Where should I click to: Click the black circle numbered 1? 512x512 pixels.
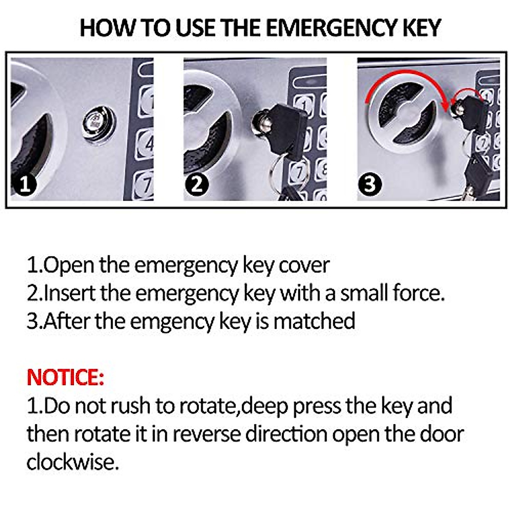point(25,184)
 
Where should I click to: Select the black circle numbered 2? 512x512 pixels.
point(197,184)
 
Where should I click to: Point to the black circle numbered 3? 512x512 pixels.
point(370,184)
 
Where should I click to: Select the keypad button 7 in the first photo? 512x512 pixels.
point(144,185)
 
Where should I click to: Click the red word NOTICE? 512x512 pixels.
point(65,377)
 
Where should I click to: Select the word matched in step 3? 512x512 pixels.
point(314,321)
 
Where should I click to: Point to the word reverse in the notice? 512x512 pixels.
point(207,434)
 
